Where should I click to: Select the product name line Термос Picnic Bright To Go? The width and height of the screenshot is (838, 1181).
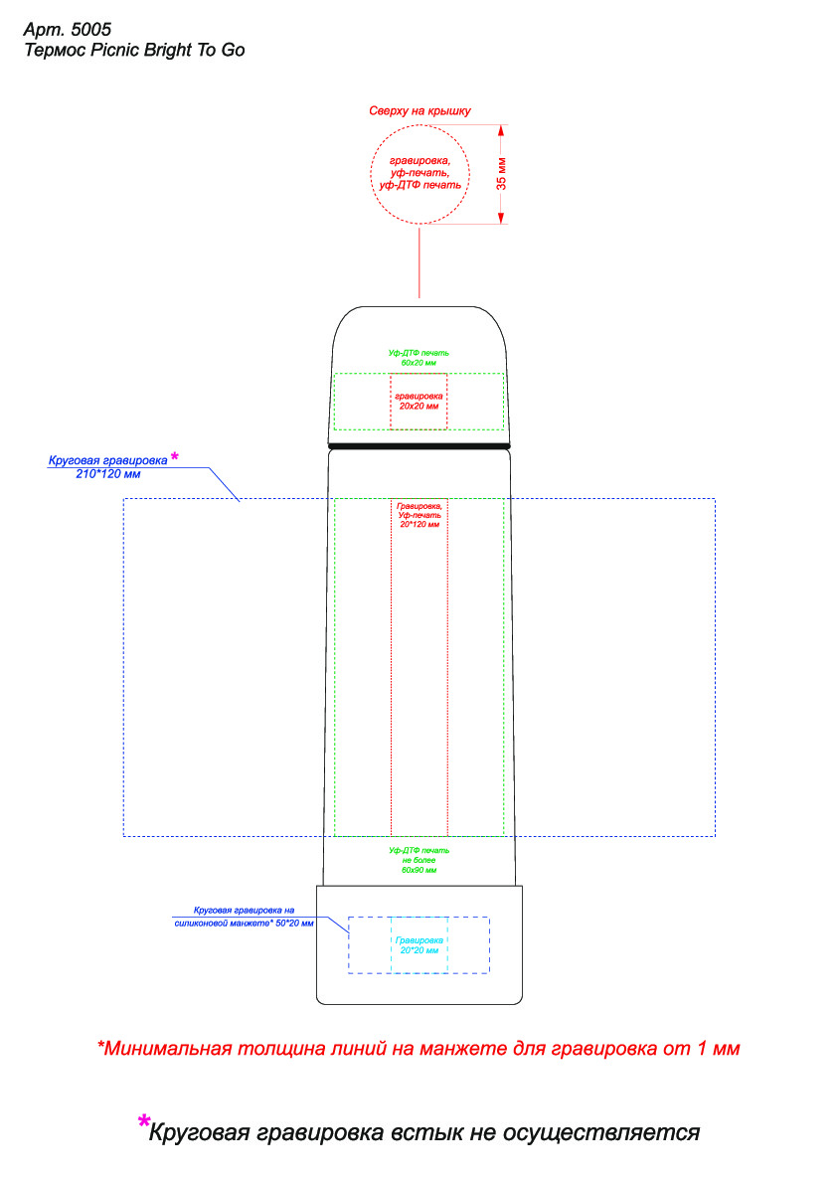(x=133, y=50)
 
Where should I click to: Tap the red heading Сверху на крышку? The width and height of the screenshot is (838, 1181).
(x=419, y=110)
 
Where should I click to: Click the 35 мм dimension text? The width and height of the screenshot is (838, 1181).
(x=502, y=174)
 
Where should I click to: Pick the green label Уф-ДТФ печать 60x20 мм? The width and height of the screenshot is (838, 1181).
(x=419, y=358)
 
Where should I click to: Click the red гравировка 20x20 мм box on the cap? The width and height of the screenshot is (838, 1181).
(x=419, y=401)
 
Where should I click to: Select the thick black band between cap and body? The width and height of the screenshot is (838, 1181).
(x=419, y=446)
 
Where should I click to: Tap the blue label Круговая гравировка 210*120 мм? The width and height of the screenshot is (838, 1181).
(x=107, y=467)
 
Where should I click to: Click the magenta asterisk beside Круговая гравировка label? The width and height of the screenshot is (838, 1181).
(x=175, y=456)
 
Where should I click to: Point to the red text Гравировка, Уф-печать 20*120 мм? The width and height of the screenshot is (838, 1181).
(x=419, y=515)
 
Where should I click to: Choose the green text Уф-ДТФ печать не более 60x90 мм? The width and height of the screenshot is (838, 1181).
(x=419, y=860)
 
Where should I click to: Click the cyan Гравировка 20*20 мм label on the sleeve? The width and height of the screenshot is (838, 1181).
(x=419, y=944)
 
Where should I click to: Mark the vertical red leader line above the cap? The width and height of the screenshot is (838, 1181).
(x=419, y=263)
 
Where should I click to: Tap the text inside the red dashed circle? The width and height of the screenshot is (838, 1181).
(x=419, y=173)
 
